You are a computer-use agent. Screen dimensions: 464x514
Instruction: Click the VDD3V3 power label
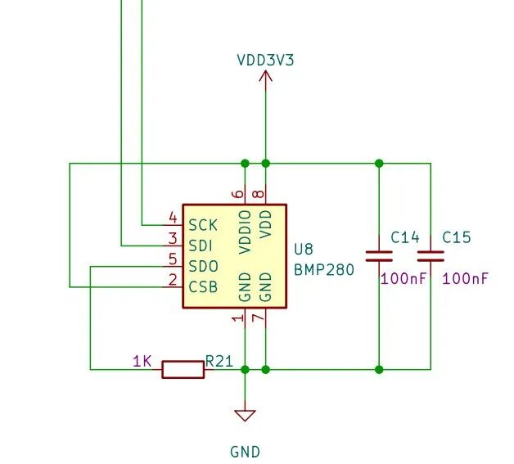[265, 59]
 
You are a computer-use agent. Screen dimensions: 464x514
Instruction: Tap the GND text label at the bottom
[245, 451]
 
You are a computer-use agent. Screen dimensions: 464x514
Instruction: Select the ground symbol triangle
[245, 416]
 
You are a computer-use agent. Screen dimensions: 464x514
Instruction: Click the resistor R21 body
[183, 369]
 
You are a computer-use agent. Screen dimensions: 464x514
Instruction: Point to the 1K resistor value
[142, 360]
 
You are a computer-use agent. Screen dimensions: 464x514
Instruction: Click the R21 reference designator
[219, 360]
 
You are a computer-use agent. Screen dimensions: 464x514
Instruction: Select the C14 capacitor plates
[378, 255]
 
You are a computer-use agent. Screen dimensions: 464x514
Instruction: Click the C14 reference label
[404, 237]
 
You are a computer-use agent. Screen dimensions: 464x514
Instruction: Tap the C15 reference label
[457, 237]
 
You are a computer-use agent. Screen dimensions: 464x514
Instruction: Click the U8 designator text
[303, 249]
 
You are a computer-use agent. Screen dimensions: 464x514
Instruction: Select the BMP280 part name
[324, 268]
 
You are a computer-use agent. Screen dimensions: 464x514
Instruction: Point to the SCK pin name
[203, 224]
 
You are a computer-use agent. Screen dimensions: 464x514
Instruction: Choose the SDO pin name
[203, 266]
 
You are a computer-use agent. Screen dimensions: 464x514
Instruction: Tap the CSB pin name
[203, 287]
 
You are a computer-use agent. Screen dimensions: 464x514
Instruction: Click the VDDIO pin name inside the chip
[245, 232]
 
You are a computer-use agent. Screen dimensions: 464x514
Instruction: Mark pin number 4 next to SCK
[173, 218]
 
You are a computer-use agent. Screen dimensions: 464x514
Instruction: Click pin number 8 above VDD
[259, 194]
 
